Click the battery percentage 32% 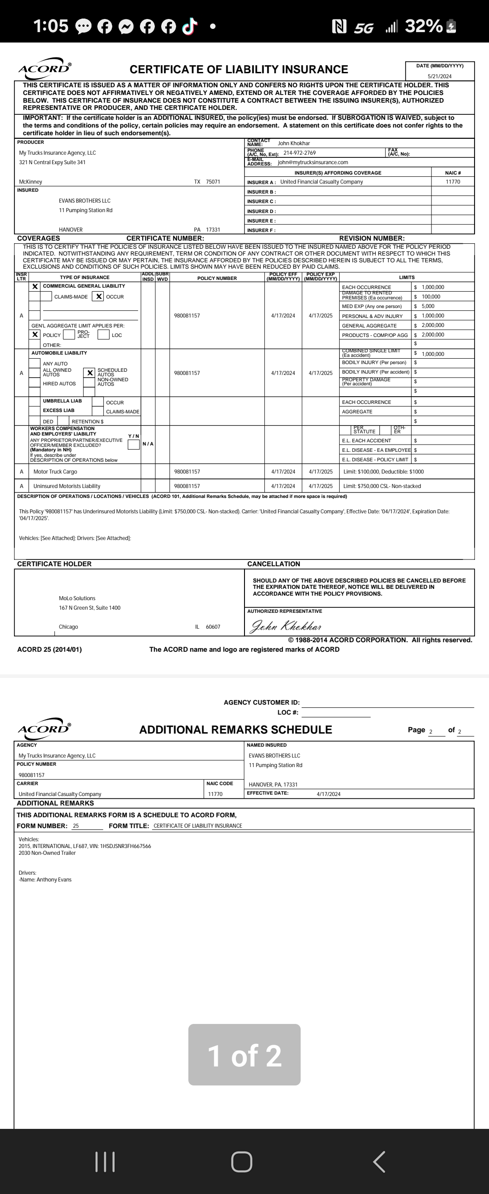point(423,26)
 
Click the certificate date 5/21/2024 point(439,76)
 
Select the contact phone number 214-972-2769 point(299,153)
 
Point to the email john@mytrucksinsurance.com point(313,163)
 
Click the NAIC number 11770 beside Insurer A point(452,182)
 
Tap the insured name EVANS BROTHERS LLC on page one point(84,201)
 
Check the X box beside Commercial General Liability point(35,287)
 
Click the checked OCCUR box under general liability point(98,297)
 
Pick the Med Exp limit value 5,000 point(428,306)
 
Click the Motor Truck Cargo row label point(55,472)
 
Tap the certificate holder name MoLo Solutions point(77,598)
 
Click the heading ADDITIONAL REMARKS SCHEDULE point(235,730)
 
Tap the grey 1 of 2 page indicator point(244,1055)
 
